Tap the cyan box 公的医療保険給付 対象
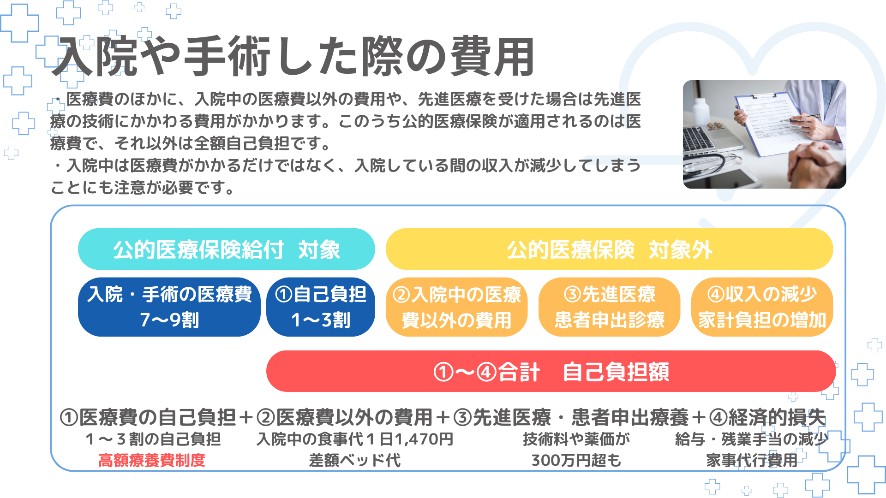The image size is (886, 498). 226,249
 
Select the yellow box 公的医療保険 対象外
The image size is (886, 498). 609,249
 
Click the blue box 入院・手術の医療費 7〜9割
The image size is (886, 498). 169,307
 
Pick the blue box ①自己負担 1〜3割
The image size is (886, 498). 321,307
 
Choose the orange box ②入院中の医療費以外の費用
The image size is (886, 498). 456,307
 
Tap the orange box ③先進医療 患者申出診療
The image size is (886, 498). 609,307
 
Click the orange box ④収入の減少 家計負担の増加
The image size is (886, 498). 762,307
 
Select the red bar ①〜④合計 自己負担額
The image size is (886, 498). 551,371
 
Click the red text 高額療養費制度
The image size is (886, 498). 152,460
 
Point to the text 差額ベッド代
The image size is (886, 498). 355,460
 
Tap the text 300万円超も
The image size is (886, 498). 576,460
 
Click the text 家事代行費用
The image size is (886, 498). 752,460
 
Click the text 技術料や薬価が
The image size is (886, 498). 576,439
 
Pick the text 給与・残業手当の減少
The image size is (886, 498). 752,439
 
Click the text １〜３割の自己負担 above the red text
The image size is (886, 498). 153,439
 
